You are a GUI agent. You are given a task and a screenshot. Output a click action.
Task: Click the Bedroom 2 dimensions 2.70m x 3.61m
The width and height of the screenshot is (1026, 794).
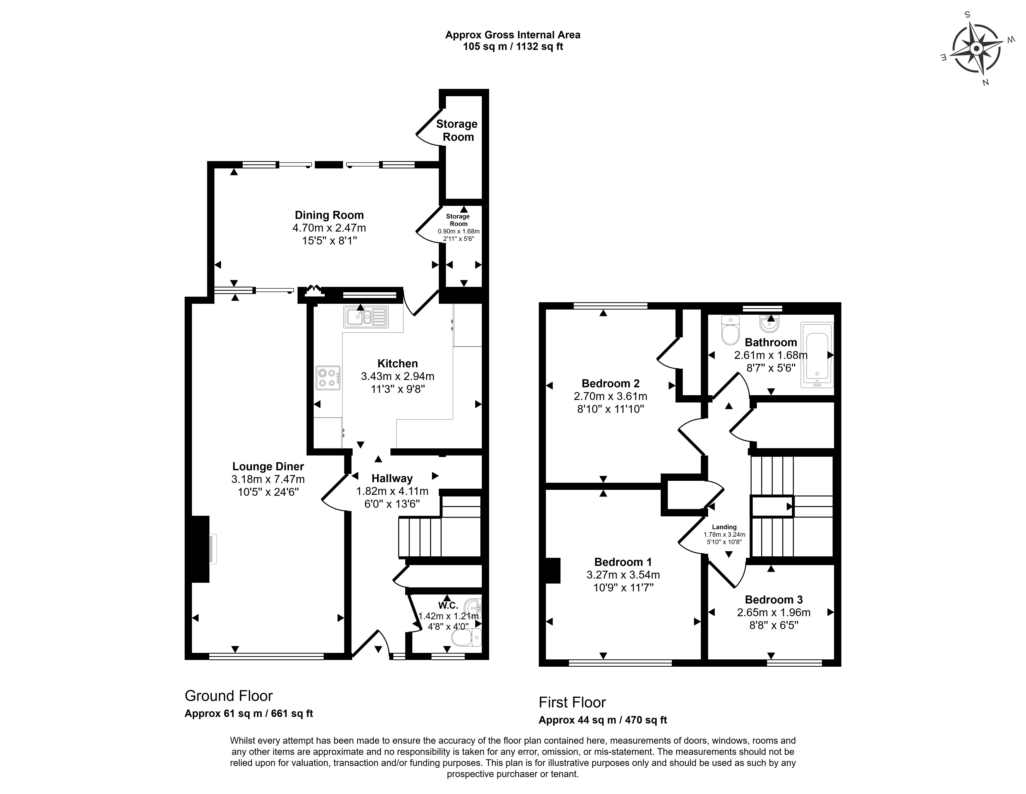[x=610, y=396]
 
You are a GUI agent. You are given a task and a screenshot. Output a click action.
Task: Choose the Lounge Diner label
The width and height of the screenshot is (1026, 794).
[x=268, y=467]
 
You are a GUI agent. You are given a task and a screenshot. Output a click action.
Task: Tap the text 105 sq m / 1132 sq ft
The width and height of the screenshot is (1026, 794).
[x=513, y=46]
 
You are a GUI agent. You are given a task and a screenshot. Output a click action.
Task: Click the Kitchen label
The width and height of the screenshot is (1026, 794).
[x=397, y=364]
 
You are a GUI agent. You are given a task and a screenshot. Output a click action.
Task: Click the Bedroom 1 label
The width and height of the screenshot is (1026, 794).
[x=623, y=562]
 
